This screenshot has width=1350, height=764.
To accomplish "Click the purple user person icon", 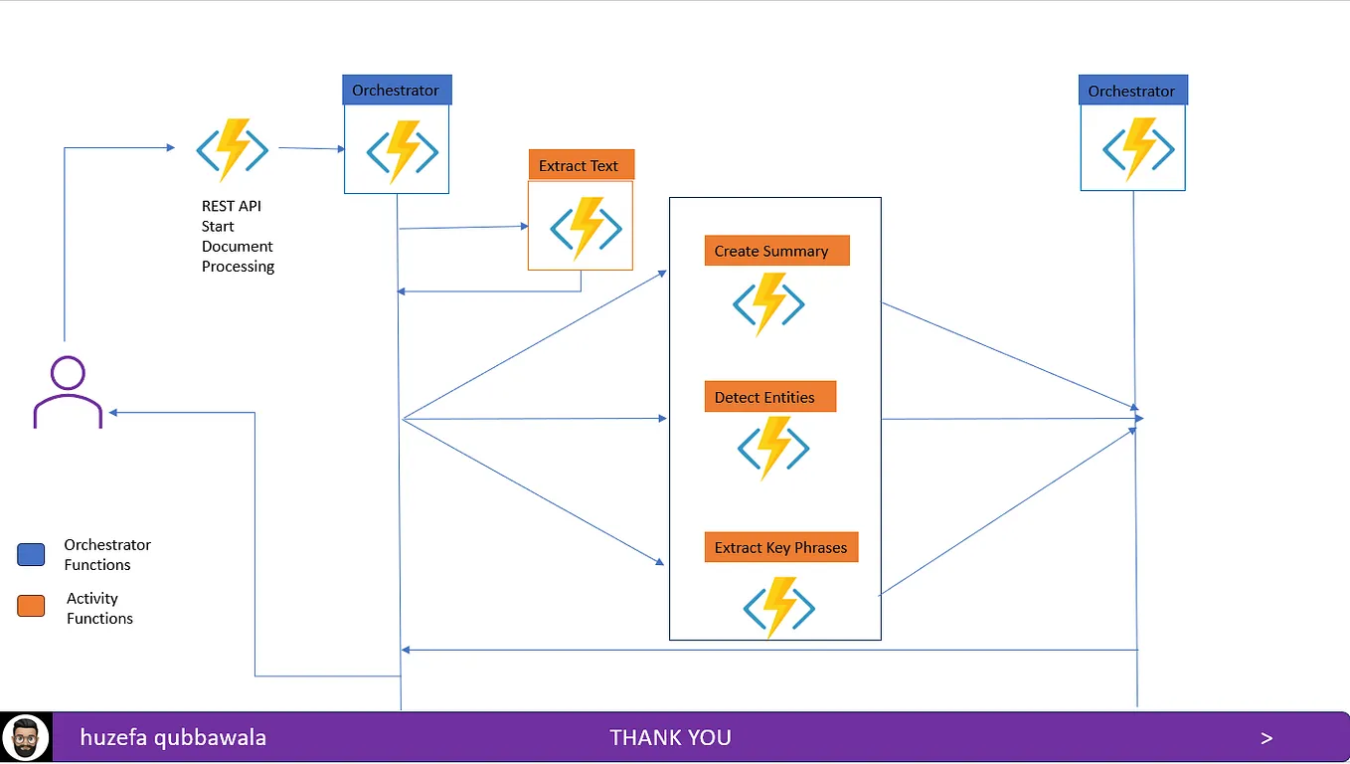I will (x=68, y=393).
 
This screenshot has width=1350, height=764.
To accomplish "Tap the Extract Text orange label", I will (x=581, y=165).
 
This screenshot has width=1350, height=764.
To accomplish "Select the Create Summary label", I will (x=776, y=251).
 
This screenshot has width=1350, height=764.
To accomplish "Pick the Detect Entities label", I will (x=769, y=397).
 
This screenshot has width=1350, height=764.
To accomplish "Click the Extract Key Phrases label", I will (x=780, y=547).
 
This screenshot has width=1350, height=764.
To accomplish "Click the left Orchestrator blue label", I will (x=397, y=91).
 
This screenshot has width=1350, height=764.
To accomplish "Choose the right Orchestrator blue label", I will (x=1132, y=91).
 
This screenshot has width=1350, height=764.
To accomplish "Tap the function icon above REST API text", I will (x=233, y=150).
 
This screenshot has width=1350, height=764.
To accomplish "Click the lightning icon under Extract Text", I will (x=586, y=228).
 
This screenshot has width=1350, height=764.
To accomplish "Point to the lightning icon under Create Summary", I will (x=768, y=304).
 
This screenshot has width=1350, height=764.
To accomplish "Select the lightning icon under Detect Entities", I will (x=773, y=449).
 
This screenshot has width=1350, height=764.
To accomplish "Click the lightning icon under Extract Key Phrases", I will (x=779, y=608).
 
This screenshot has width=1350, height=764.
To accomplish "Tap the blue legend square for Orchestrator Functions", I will (x=31, y=554).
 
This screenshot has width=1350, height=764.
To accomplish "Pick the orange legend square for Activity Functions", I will (x=31, y=606).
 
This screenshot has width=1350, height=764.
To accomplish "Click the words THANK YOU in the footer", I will (x=670, y=738).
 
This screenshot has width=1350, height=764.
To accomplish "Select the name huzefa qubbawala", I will (x=173, y=738).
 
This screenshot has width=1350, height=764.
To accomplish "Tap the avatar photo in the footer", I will (x=26, y=738).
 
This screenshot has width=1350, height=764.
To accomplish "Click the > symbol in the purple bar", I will (x=1266, y=738).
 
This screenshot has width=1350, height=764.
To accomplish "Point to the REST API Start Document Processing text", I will (x=238, y=236).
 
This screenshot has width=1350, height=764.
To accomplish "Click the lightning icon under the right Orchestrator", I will (x=1138, y=150).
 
